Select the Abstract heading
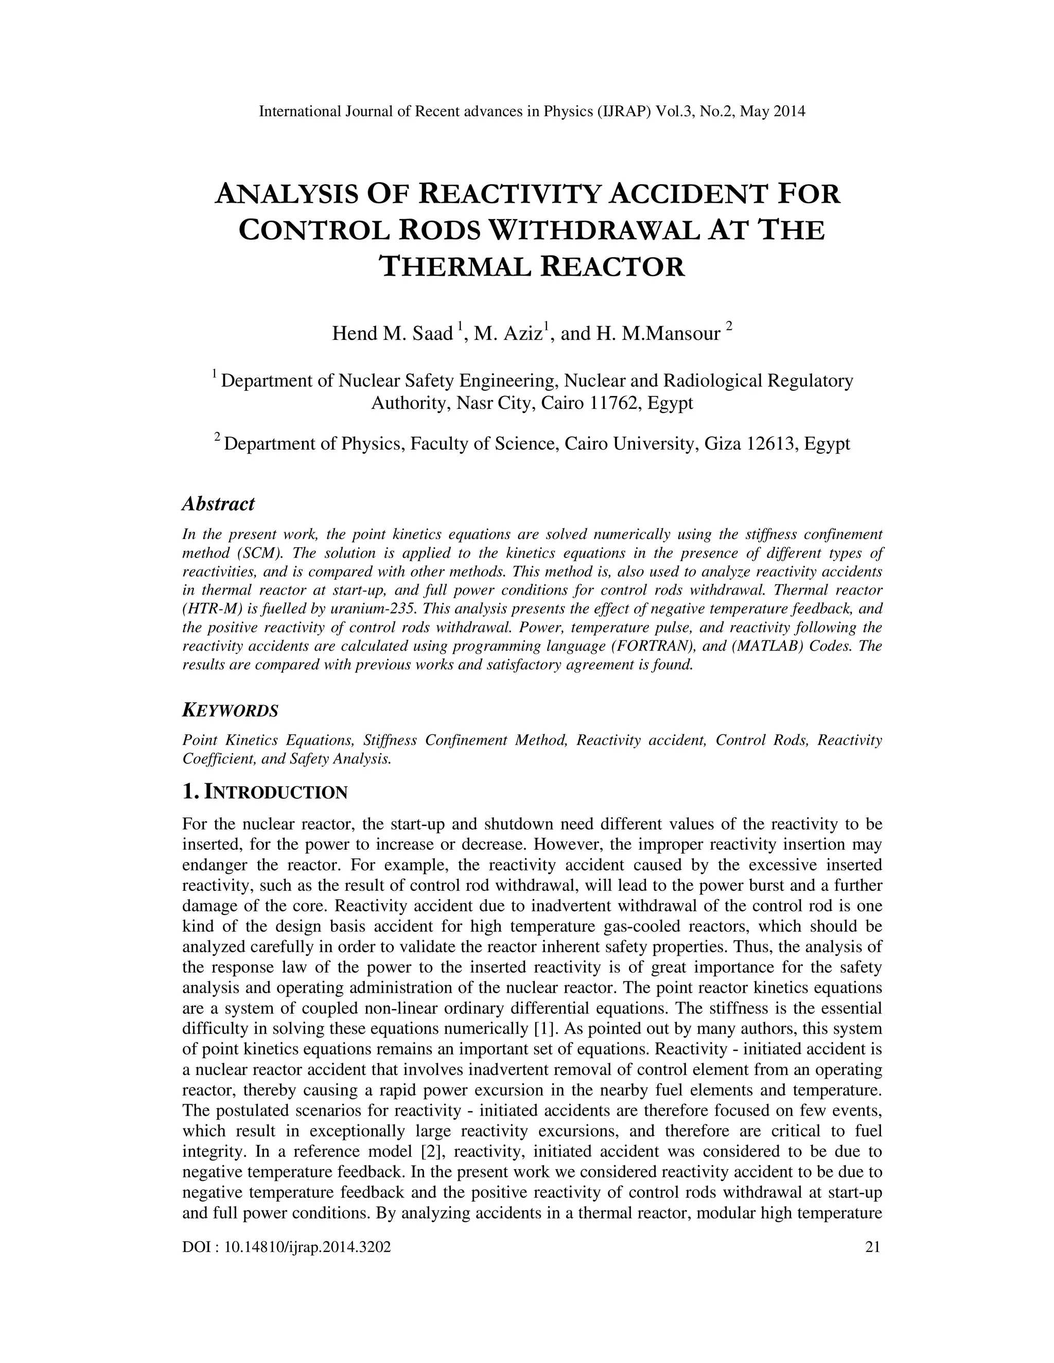(218, 504)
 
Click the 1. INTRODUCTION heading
(265, 792)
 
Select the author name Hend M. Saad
(392, 333)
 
